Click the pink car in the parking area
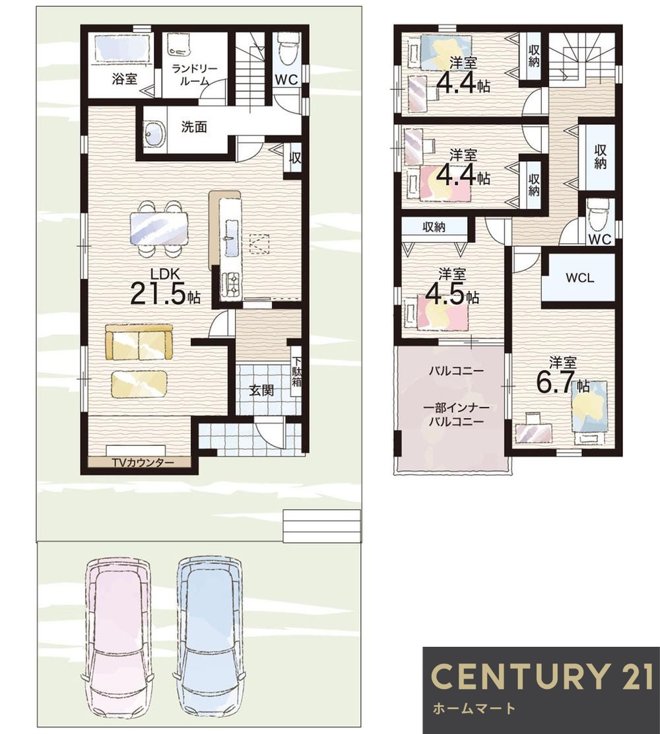pos(116,642)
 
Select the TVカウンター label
pos(143,462)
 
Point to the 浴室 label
pos(125,78)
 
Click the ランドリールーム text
pos(194,75)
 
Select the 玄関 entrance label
pos(261,390)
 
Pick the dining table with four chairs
pos(159,229)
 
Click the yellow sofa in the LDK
pos(139,342)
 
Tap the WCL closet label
pos(579,277)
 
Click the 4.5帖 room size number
pos(452,295)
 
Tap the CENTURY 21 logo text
pos(542,676)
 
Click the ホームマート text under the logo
pos(475,708)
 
